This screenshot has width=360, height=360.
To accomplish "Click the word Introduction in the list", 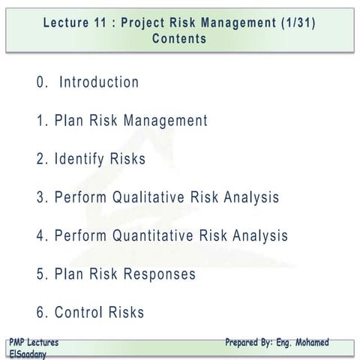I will (x=98, y=82).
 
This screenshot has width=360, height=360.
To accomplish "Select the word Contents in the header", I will (x=179, y=38).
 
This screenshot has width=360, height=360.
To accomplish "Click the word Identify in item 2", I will (x=78, y=159).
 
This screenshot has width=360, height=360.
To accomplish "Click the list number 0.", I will (x=40, y=82).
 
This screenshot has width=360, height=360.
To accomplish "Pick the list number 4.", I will (x=40, y=235).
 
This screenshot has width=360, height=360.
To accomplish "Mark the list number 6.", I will (x=40, y=312).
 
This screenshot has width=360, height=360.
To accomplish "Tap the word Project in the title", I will (x=153, y=22).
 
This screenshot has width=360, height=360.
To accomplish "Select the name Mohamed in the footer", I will (x=307, y=343).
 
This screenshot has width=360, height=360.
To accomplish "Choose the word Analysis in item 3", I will (x=245, y=198).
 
